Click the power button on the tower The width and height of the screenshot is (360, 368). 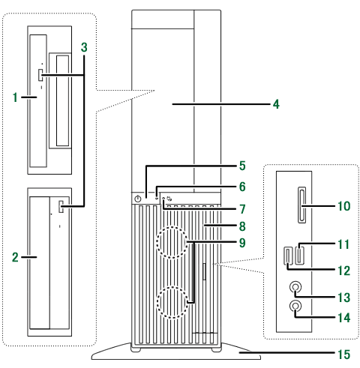coord(138,199)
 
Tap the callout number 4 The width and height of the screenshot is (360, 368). coord(276,104)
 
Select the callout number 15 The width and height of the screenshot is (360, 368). coord(344,355)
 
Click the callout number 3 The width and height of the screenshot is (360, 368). coord(84,47)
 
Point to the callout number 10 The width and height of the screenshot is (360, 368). coord(344,206)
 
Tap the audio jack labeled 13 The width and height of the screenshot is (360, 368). coord(295,286)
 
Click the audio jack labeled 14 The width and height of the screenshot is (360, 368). coord(295,306)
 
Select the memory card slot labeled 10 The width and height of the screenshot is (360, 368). coord(302,205)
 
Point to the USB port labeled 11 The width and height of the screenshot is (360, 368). coord(300,256)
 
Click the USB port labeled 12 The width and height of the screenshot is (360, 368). coord(288,256)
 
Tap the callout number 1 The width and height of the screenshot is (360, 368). coord(16,97)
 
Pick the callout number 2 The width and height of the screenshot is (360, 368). coord(15,257)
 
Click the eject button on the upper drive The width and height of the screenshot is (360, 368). coord(40,75)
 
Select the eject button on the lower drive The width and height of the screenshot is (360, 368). coord(61,207)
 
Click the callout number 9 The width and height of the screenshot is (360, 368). coord(242,243)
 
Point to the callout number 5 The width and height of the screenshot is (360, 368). coord(242,166)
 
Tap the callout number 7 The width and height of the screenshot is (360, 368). coord(242,209)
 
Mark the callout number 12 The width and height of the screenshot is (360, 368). coord(344,271)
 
